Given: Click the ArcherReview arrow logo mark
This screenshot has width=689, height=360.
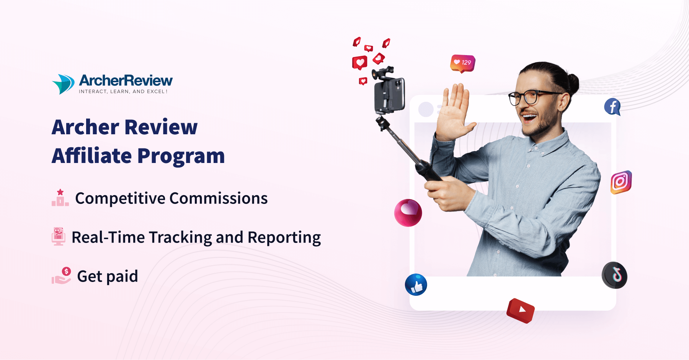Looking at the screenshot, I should point(63,84).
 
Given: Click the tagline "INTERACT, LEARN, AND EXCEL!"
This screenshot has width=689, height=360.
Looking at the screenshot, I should point(123,92).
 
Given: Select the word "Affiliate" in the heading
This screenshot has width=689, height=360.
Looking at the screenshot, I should point(92,156).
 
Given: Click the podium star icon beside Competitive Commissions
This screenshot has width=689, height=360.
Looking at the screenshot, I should point(60,198).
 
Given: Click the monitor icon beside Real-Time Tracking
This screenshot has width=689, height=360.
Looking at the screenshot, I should point(59,236).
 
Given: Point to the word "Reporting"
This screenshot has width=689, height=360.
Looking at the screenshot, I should point(284,238).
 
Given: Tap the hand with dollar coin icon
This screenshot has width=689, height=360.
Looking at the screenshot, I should point(62,276).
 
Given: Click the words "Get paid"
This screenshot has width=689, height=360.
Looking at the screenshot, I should point(108,277).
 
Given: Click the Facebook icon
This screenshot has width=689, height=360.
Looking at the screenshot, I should point(612,107).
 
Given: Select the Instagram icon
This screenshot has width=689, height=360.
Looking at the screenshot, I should point(620,182).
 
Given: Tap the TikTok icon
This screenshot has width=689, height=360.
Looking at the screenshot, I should point(614,275).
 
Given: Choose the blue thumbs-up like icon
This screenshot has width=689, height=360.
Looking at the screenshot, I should point(416,285).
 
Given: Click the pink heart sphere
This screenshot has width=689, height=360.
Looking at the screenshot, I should point(408,213).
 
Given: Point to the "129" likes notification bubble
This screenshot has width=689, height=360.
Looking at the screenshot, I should point(463,63).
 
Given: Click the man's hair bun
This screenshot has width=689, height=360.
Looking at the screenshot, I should point(572,82).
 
